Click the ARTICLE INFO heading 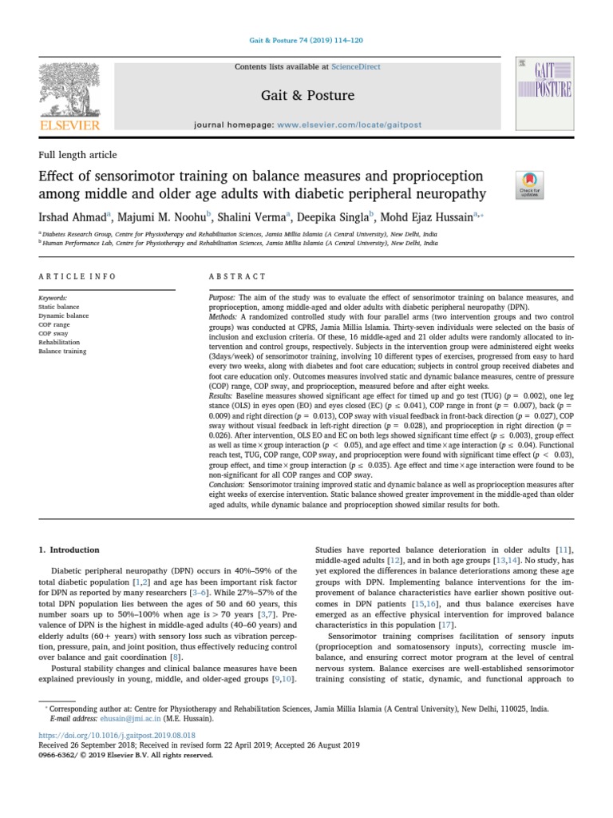pos(77,276)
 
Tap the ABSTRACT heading pos(237,276)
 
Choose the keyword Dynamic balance pos(64,315)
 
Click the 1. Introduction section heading pos(69,550)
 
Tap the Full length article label pos(77,155)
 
